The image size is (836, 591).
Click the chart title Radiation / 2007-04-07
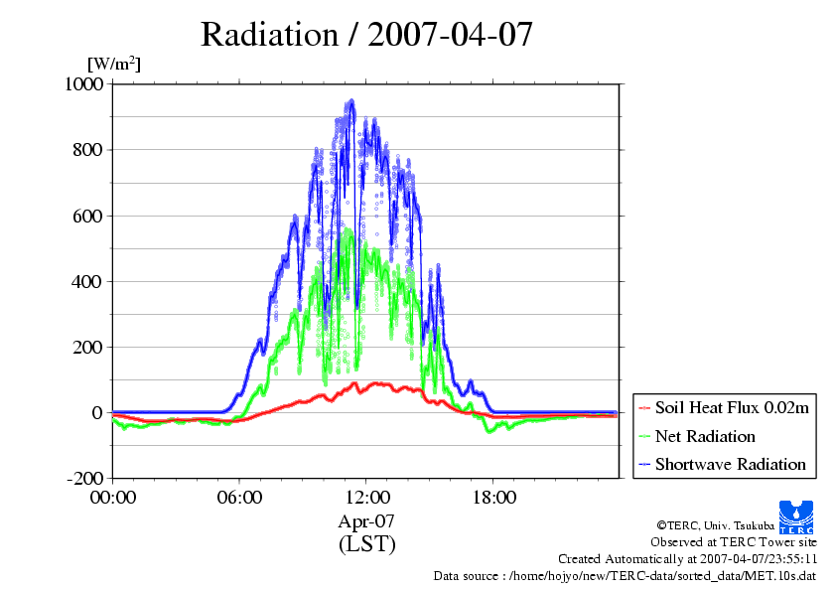[x=366, y=35]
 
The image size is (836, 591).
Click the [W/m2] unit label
[x=113, y=64]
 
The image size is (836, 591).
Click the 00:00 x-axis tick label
[x=112, y=498]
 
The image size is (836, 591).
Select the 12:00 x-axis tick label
[x=366, y=498]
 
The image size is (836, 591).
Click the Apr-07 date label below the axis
[x=366, y=520]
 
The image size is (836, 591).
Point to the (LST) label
[x=366, y=543]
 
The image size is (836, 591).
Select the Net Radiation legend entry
[x=705, y=436]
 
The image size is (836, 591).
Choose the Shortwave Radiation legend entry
[x=730, y=464]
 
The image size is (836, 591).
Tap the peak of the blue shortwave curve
[x=351, y=100]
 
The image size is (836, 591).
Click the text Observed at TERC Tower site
[x=734, y=542]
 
